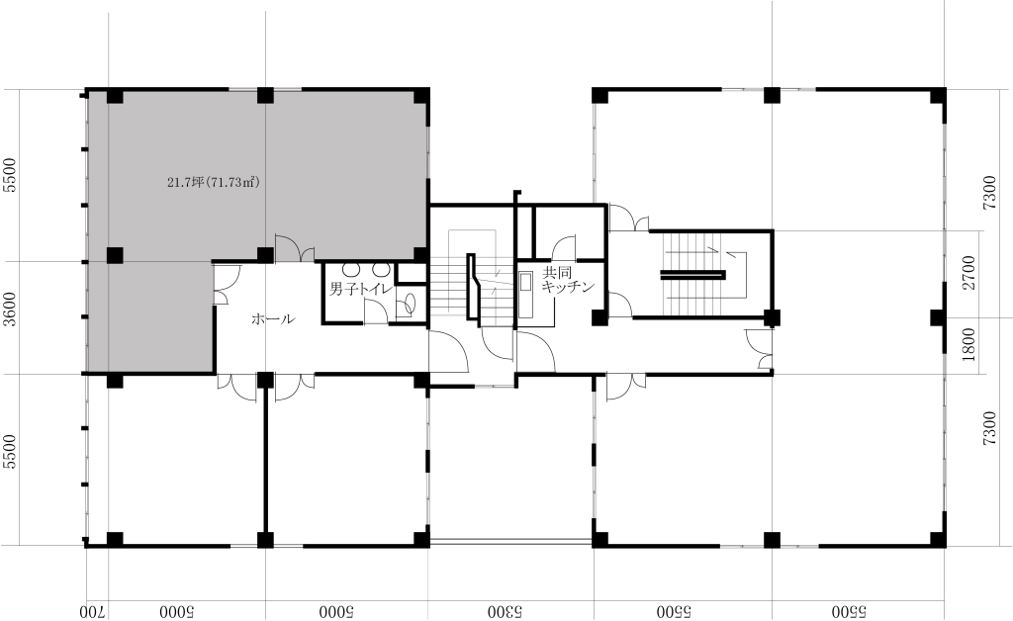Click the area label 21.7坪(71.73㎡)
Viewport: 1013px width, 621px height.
(x=214, y=183)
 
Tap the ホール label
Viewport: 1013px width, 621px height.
(x=273, y=318)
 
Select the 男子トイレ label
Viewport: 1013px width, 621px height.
(x=361, y=289)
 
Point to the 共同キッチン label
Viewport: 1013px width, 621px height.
(x=567, y=280)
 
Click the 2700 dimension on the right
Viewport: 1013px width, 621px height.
(x=968, y=273)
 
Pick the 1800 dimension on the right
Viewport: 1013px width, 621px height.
(x=968, y=345)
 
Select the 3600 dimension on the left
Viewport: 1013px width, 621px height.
(x=9, y=310)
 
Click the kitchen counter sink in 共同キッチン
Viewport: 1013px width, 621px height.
(x=526, y=295)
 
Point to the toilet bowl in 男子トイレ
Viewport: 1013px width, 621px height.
(x=407, y=305)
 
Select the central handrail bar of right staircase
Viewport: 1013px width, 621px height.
(x=692, y=275)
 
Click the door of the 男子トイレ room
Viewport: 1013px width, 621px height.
(x=376, y=311)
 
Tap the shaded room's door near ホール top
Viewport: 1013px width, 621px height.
(x=295, y=248)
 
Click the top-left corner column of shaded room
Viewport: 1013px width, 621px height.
(x=115, y=96)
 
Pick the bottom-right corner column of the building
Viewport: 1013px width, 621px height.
(x=938, y=539)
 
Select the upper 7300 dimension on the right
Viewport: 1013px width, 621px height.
(x=989, y=193)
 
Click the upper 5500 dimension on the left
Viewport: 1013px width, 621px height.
(x=9, y=176)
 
